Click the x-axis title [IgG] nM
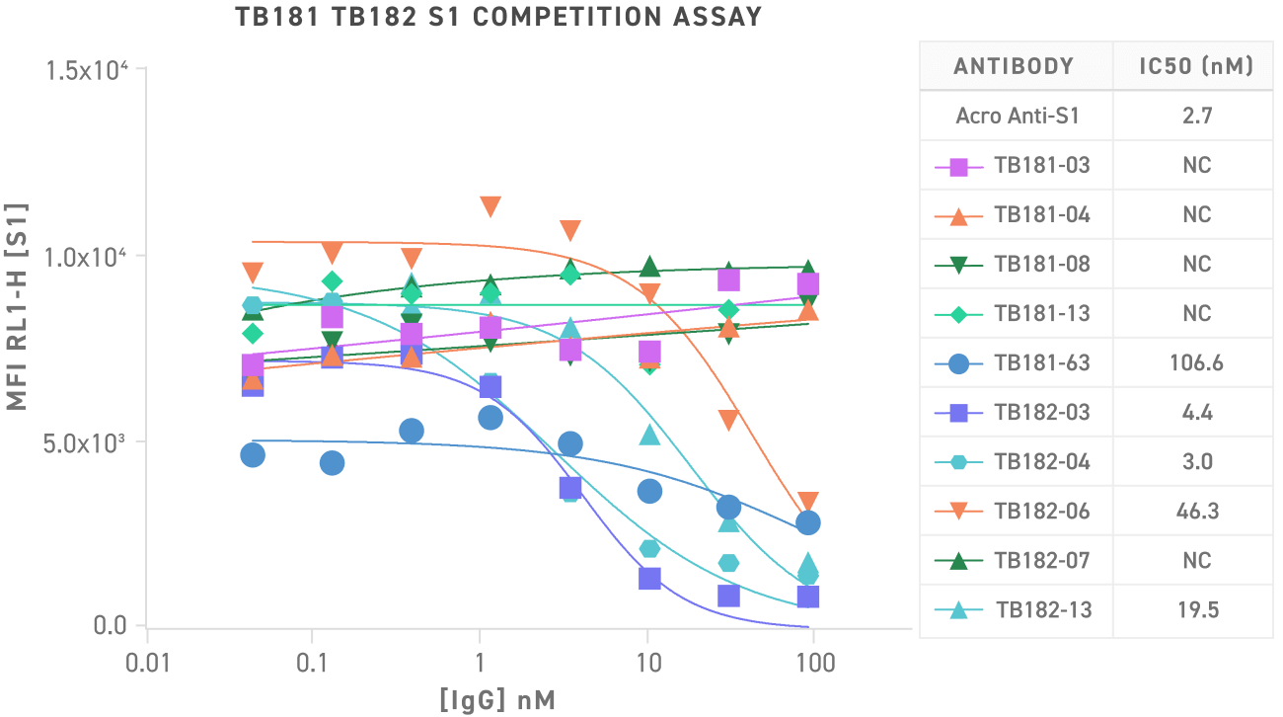point(497,701)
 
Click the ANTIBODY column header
point(1014,67)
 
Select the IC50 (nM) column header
point(1196,67)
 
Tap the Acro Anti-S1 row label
point(1017,116)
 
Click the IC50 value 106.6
point(1196,362)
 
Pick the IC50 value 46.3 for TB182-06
point(1196,511)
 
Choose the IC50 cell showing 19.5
point(1196,609)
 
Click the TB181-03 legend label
point(1042,165)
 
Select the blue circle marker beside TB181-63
point(958,363)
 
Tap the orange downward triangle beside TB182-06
point(958,512)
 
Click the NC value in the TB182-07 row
point(1196,560)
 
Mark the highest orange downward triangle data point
point(491,206)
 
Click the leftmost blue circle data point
point(253,454)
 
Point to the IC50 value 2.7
point(1196,116)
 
